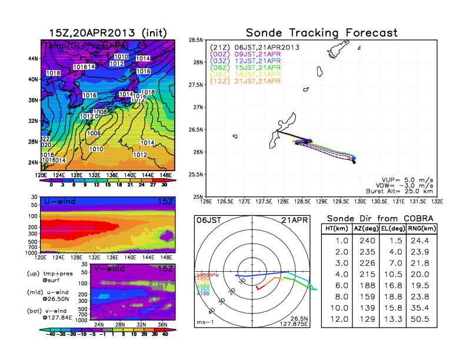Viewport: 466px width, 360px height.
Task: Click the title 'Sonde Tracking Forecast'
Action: pyautogui.click(x=321, y=32)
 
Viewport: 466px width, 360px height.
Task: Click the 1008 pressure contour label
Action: pyautogui.click(x=99, y=112)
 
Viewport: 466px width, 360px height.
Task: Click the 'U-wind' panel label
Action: pyautogui.click(x=59, y=202)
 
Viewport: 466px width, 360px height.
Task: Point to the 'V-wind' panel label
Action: pyautogui.click(x=109, y=269)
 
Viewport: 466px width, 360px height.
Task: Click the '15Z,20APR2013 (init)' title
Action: pyautogui.click(x=106, y=32)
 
